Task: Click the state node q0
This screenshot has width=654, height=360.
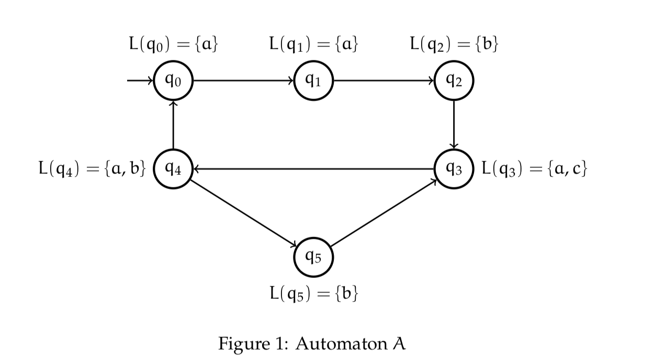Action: [173, 81]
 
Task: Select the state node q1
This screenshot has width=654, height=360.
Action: [313, 81]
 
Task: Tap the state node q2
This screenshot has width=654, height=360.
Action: [454, 81]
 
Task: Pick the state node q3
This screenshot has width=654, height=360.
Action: [454, 169]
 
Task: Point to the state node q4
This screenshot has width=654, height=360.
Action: [173, 169]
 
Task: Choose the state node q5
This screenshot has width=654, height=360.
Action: [313, 257]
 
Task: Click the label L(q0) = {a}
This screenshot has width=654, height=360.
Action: [173, 45]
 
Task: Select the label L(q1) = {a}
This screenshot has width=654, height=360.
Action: [313, 45]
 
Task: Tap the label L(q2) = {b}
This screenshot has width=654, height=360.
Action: [454, 45]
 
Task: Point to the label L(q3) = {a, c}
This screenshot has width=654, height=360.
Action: [534, 169]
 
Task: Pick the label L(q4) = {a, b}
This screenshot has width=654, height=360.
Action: [92, 169]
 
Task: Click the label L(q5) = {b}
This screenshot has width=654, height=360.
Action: [313, 293]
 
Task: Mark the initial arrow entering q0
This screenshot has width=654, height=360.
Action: [140, 81]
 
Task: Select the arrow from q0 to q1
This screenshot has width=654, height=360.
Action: [243, 81]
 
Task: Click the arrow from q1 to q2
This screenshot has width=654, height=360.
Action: [384, 81]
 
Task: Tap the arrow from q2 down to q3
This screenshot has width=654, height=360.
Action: [454, 125]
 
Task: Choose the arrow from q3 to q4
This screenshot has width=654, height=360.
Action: [313, 169]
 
